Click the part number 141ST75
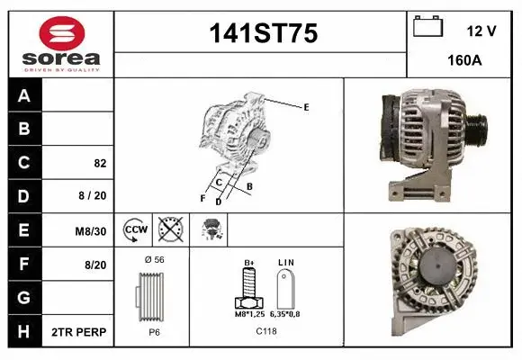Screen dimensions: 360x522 tap(263, 34)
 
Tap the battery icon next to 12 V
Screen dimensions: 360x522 tap(427, 27)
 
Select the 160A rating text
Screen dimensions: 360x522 tap(465, 62)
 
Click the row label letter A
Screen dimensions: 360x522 tap(24, 95)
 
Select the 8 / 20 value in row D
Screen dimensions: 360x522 tap(93, 196)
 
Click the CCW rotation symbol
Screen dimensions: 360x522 tap(135, 230)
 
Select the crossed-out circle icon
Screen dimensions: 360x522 tap(169, 230)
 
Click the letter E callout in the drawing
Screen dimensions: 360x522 tap(306, 107)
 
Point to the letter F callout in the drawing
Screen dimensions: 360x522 tap(202, 197)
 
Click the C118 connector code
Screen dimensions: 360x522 tap(265, 331)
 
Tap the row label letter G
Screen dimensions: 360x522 tap(24, 298)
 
